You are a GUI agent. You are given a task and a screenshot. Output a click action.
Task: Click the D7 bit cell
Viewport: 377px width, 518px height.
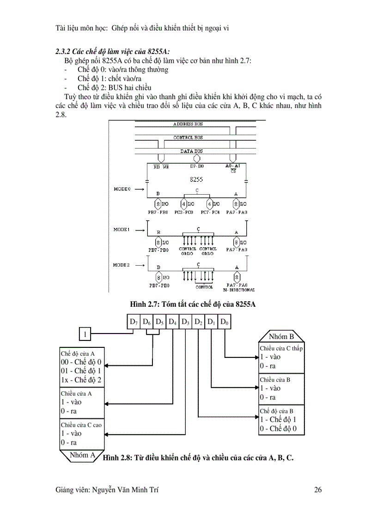(134, 322)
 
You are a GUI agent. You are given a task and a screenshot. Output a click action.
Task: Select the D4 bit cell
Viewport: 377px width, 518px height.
(172, 322)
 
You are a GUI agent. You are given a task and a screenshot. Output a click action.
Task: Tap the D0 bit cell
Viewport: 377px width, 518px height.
(224, 322)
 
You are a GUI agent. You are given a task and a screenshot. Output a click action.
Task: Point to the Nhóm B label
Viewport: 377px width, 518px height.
(281, 336)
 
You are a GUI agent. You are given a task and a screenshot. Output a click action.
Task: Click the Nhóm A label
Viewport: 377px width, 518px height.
(82, 455)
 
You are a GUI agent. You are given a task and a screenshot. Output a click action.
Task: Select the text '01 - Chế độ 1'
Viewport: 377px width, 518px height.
(81, 371)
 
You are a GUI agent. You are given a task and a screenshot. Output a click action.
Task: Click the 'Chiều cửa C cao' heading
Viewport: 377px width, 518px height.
(81, 425)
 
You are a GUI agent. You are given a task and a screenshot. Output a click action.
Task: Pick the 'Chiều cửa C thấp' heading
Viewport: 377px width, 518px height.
(281, 348)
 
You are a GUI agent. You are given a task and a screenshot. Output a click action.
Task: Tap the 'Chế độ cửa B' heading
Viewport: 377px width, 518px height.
(276, 411)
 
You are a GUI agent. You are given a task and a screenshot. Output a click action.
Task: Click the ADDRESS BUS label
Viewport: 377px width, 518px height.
(188, 124)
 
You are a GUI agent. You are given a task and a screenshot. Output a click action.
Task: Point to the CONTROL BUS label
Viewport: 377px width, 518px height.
(188, 137)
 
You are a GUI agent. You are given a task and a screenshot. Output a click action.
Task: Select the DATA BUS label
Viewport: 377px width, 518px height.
(191, 151)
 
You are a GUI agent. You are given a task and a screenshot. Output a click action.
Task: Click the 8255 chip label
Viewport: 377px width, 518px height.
(196, 180)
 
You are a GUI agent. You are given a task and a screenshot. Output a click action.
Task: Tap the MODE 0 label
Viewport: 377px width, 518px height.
(122, 189)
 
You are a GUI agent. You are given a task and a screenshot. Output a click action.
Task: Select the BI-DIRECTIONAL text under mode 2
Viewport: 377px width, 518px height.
(239, 290)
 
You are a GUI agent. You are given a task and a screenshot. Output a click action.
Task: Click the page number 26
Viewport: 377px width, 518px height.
(317, 490)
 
